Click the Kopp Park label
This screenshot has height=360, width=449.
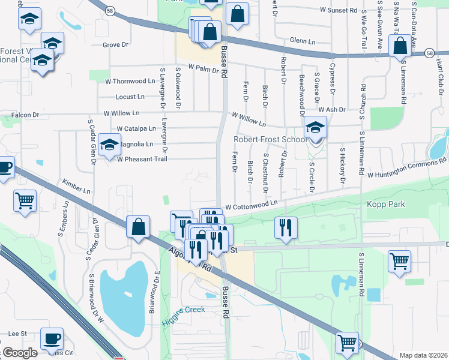click(385, 205)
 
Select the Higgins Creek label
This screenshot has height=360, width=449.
click(183, 309)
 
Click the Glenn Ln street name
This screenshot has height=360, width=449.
click(303, 41)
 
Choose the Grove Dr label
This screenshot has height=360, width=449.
click(116, 44)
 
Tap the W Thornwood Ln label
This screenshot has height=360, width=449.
click(130, 81)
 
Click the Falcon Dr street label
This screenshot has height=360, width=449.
click(25, 115)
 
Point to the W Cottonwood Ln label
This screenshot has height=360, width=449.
click(251, 205)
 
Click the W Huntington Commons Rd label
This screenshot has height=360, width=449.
click(408, 167)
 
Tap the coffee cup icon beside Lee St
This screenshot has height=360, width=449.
click(52, 338)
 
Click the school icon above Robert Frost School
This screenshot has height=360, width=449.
click(315, 127)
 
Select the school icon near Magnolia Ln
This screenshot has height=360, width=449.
click(109, 145)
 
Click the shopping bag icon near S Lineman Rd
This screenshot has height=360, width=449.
click(400, 46)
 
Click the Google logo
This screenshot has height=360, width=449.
click(20, 353)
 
